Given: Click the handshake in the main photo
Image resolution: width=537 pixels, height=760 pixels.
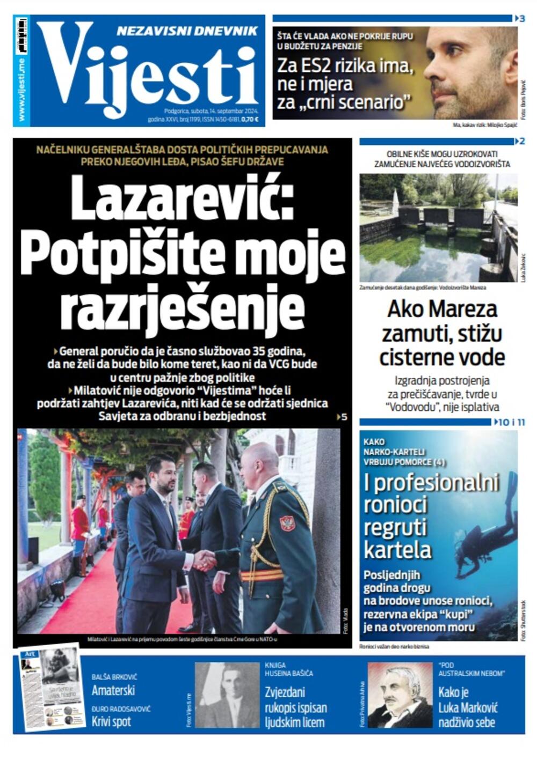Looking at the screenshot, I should coord(204,560).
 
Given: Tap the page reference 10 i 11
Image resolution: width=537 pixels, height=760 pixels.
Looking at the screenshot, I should coord(510,422).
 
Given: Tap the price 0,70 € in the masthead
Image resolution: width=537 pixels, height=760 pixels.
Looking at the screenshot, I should coord(250,119).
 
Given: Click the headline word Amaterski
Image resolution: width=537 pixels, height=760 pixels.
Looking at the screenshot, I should coord(113,690).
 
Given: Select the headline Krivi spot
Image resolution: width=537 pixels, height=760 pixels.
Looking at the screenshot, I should coord(111,721).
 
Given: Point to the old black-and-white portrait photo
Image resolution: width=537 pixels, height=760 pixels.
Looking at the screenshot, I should coord(227,695).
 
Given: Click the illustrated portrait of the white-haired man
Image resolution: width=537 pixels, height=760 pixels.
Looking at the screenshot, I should coord(400,695).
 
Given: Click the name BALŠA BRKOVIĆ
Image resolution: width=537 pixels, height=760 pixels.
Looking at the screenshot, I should coord(113,677).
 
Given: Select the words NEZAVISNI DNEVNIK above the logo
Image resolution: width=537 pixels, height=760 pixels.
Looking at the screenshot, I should coord(187,32).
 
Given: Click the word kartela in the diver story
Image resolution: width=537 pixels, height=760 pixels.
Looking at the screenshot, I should coord(397,550).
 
